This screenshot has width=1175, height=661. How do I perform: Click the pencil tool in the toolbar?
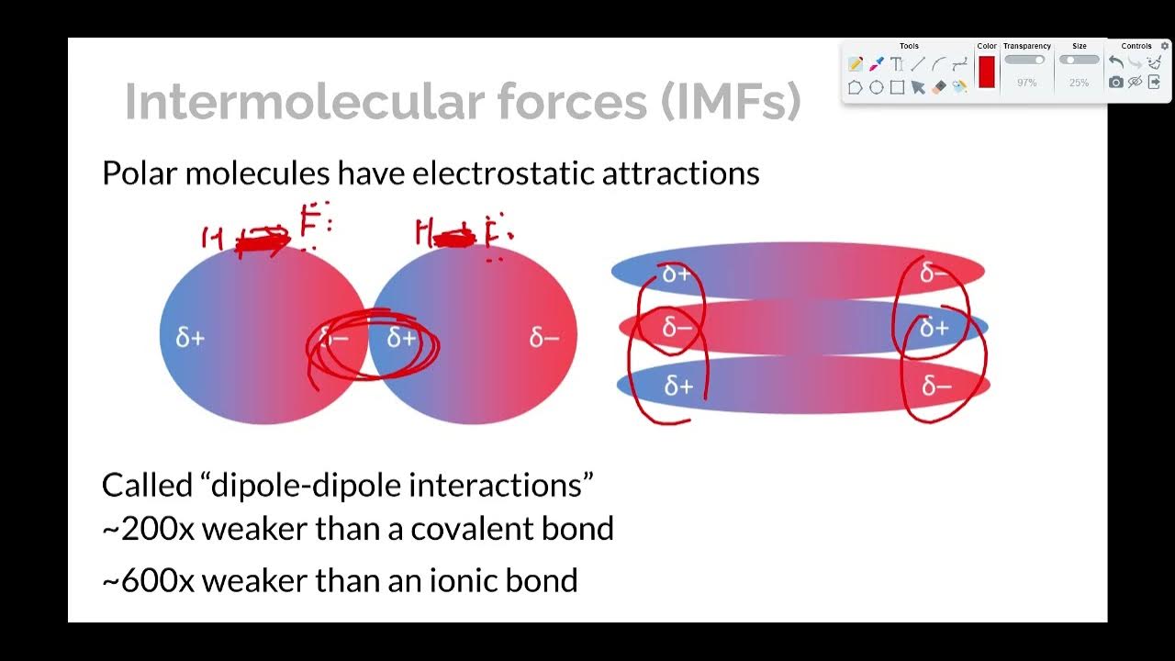(856, 64)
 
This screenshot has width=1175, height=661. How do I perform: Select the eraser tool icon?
(938, 87)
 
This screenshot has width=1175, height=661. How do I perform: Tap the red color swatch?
(987, 72)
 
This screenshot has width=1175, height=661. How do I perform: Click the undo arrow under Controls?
(1115, 62)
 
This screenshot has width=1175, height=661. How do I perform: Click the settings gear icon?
(1165, 46)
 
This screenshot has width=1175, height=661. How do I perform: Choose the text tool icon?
(897, 64)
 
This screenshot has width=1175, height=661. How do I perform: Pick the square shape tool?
(898, 87)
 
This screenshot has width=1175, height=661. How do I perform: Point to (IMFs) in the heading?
(731, 102)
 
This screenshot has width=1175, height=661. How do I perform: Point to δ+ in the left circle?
(190, 338)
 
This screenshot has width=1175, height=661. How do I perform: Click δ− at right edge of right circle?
(544, 338)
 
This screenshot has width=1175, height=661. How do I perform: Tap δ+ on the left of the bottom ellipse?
(678, 387)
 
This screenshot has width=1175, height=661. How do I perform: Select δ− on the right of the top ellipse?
(934, 273)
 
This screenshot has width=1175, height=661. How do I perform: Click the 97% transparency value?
(1026, 83)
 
